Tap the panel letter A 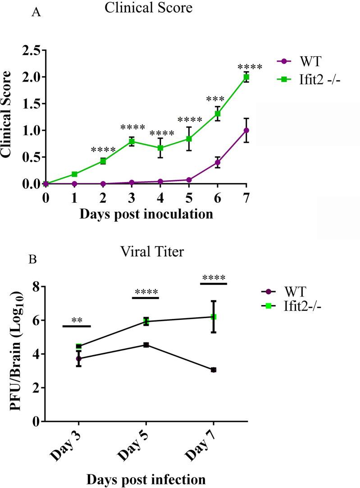36,13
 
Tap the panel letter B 33,260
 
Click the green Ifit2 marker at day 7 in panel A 246,77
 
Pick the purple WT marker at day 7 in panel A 246,130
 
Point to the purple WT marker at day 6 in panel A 218,162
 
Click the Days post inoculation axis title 146,214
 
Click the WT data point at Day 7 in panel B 214,370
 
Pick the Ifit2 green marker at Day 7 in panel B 214,317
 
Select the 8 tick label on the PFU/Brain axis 36,287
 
